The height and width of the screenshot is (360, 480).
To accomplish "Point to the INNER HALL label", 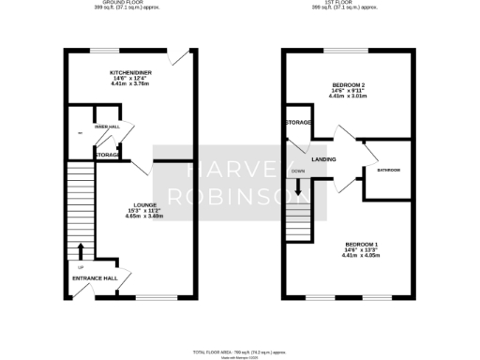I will [x=106, y=127].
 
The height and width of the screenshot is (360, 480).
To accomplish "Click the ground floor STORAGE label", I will [x=106, y=155].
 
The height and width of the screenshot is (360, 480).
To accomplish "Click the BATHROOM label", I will [x=388, y=171].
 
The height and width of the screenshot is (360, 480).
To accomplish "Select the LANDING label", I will [x=324, y=160].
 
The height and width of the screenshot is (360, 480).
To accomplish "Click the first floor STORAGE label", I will [x=299, y=122].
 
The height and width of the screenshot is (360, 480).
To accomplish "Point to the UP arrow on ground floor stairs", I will [x=81, y=250].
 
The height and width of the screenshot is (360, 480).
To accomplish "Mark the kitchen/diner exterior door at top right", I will [x=190, y=58].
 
